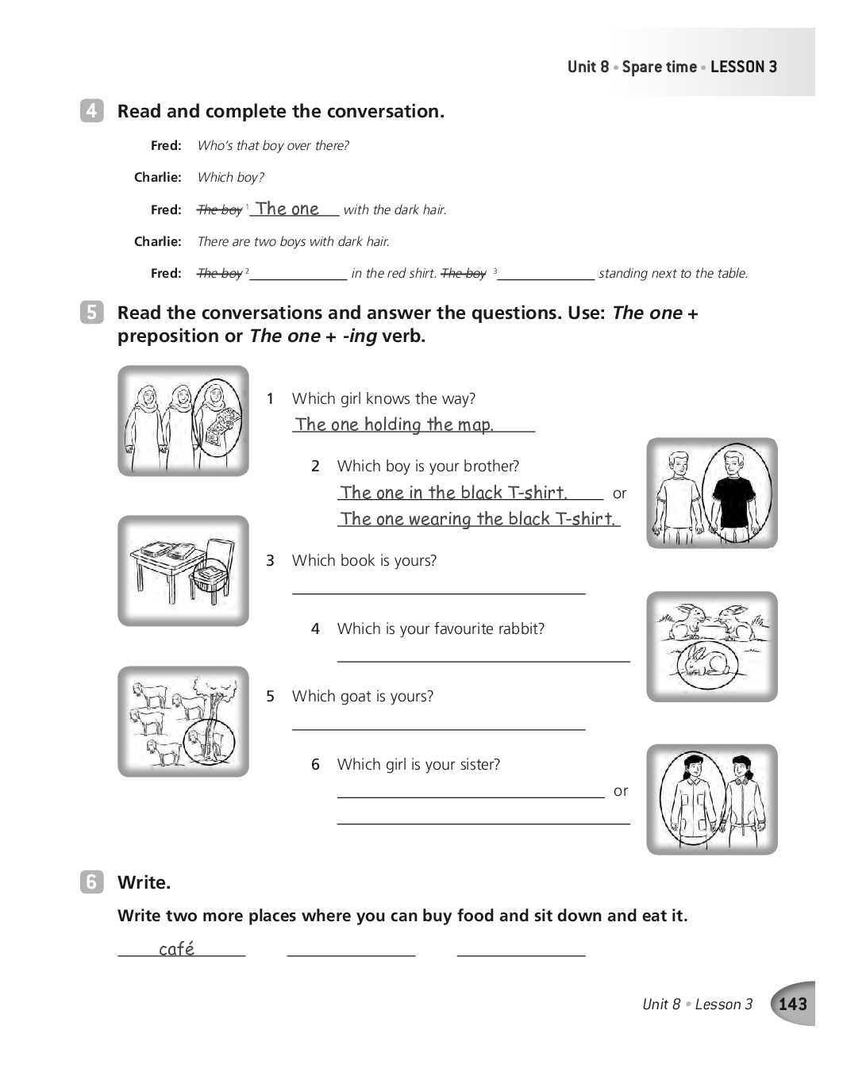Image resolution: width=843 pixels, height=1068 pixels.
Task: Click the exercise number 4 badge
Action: click(91, 111)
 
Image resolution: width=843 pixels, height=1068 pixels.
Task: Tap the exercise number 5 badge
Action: click(91, 313)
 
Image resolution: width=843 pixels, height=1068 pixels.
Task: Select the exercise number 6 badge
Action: click(91, 882)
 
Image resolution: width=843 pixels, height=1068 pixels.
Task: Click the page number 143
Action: click(792, 1004)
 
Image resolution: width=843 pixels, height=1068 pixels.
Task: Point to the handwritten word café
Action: click(176, 949)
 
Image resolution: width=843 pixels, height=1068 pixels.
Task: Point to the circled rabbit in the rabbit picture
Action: click(710, 660)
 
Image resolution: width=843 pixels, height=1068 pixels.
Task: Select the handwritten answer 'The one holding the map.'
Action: click(395, 425)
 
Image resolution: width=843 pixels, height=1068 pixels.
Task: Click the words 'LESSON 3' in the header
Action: click(744, 67)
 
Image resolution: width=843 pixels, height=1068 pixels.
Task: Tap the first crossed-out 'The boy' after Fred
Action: click(220, 209)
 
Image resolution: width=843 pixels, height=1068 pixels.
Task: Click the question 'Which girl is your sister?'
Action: click(418, 764)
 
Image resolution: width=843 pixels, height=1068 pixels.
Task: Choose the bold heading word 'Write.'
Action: click(144, 882)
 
